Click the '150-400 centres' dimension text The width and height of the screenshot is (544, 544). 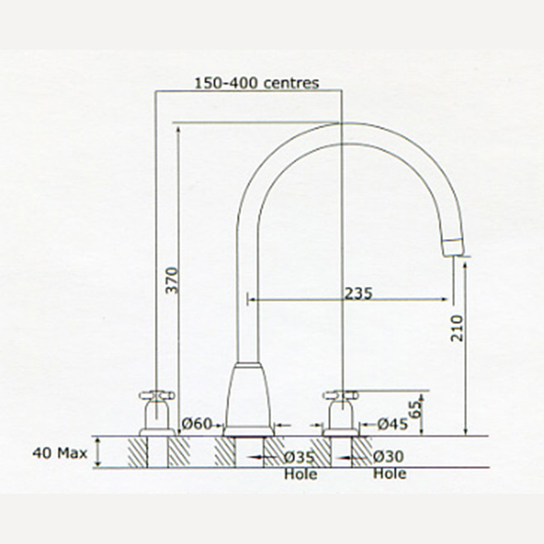tap(257, 83)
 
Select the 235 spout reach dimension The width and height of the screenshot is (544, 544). tap(359, 294)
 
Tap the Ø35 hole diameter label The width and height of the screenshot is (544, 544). tap(299, 457)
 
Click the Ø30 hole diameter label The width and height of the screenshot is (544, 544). tap(389, 456)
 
